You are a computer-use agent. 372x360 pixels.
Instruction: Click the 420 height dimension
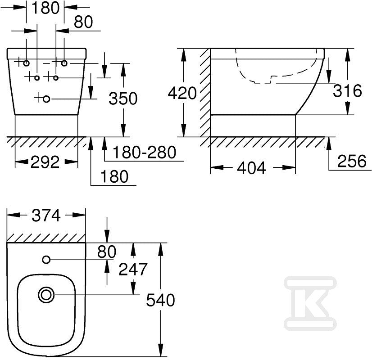tap(182, 93)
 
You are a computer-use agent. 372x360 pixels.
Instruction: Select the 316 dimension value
tap(348, 90)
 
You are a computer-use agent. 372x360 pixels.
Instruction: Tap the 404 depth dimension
tap(251, 168)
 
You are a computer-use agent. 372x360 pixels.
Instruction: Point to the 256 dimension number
tap(352, 161)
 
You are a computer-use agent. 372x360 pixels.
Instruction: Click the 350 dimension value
tap(123, 99)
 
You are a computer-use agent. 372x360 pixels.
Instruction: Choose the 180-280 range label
tap(144, 152)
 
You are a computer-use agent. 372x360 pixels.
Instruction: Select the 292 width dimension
tap(45, 162)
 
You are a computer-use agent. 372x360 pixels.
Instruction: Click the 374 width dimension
tap(46, 216)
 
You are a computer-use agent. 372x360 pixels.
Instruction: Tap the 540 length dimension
tap(160, 300)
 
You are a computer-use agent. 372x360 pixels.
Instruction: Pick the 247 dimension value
tap(133, 269)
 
